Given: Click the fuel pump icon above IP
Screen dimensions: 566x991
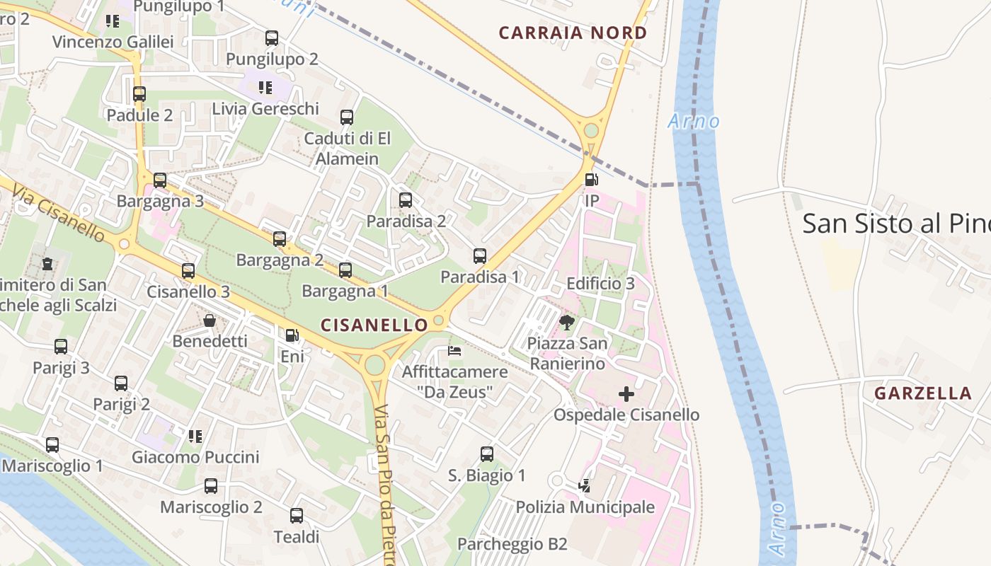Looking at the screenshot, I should [591, 179].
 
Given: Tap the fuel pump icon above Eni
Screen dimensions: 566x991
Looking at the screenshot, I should [292, 335].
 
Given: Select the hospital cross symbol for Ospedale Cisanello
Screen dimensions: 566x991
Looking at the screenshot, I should [626, 393].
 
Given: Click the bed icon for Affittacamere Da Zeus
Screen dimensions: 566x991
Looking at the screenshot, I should [454, 350].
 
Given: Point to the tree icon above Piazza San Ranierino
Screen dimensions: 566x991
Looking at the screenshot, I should [566, 323].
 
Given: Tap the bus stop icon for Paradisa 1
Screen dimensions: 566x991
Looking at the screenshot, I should [480, 256].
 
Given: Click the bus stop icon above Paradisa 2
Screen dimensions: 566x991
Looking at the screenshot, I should [406, 200].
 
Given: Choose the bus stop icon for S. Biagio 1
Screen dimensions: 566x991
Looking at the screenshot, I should [487, 454].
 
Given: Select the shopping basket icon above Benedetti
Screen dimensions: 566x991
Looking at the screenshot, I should [210, 320].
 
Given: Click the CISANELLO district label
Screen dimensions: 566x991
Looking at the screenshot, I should [374, 325].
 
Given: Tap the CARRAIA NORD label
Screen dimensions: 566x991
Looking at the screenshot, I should [573, 33].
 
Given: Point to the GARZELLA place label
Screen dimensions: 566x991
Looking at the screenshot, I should [923, 393].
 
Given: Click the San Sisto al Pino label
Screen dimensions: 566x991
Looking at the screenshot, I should [895, 224].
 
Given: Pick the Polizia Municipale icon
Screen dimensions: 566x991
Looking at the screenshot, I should [585, 486].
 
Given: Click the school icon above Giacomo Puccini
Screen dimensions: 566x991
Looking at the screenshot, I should [195, 436].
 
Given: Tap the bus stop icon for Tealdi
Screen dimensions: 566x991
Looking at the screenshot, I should [297, 516].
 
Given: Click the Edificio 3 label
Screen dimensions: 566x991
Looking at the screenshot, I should [601, 284].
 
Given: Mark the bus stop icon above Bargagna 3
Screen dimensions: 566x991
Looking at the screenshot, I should [160, 180].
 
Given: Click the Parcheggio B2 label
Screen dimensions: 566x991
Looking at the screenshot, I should [512, 544].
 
